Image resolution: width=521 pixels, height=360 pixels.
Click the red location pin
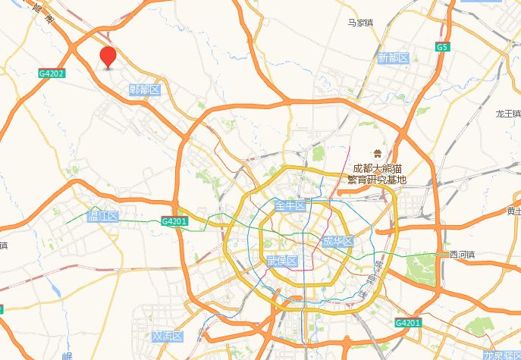[108, 56]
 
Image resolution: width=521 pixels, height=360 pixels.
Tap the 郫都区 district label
[145, 90]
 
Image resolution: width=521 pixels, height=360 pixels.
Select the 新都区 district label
[393, 58]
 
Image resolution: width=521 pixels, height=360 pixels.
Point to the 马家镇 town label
[360, 23]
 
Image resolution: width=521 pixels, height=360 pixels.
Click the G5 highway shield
[441, 47]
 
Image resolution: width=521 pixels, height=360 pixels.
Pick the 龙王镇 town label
[508, 114]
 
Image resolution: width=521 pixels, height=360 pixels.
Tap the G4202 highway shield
[52, 74]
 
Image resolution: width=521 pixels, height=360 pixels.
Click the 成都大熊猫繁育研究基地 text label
[377, 174]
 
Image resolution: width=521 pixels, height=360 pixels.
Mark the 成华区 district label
[337, 242]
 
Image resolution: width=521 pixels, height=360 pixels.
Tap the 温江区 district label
[103, 217]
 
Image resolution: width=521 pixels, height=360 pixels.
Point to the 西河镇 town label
[462, 255]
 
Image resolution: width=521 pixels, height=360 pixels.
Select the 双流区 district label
[168, 336]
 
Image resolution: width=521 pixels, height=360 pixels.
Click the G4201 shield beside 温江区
[174, 221]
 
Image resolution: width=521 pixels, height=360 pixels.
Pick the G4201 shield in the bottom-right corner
[408, 323]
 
